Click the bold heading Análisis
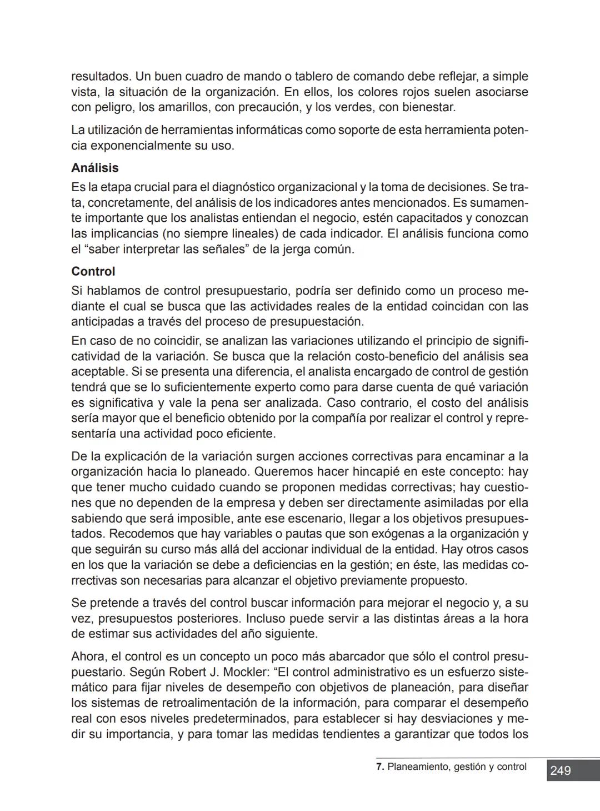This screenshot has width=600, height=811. [94, 168]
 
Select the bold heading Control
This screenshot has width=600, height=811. [93, 272]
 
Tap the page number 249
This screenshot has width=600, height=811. [560, 770]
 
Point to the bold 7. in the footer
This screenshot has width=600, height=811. [380, 767]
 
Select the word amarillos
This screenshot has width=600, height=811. [185, 107]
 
